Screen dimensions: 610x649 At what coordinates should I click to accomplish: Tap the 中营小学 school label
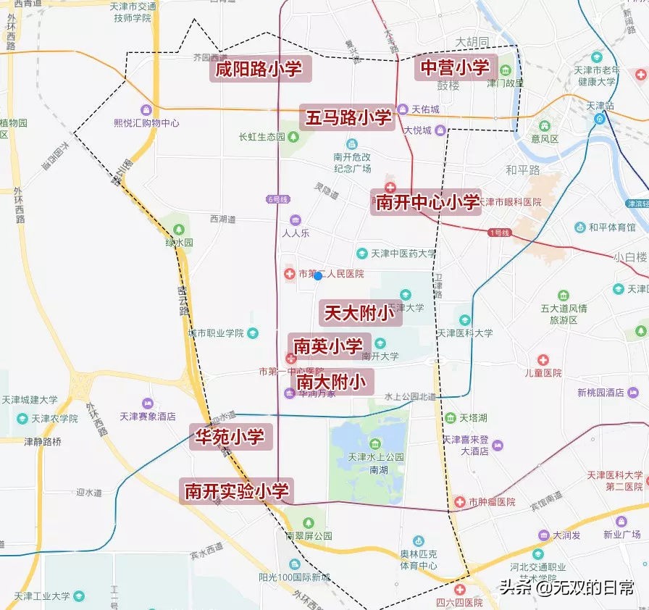tap(455, 67)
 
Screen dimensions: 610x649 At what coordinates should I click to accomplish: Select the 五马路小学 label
tap(348, 117)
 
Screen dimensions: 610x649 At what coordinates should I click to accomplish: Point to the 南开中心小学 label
tap(427, 201)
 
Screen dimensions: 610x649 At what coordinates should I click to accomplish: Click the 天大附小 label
tap(359, 313)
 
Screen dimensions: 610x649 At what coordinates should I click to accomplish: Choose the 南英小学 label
tap(329, 346)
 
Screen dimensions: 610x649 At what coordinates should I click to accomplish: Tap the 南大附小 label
tap(332, 381)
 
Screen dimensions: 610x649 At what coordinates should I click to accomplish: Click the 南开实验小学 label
tap(236, 490)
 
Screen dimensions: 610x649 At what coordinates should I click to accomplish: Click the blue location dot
tap(318, 276)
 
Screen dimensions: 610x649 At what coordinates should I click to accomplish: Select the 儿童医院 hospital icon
tap(543, 360)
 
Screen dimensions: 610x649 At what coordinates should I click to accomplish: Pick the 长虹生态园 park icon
tap(291, 136)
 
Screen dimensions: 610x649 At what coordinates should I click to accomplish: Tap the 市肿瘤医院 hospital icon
tap(459, 501)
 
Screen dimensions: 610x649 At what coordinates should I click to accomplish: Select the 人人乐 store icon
tap(295, 220)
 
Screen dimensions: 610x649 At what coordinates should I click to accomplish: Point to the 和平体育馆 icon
tap(579, 227)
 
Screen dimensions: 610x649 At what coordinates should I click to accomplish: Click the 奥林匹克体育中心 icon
tap(418, 541)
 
